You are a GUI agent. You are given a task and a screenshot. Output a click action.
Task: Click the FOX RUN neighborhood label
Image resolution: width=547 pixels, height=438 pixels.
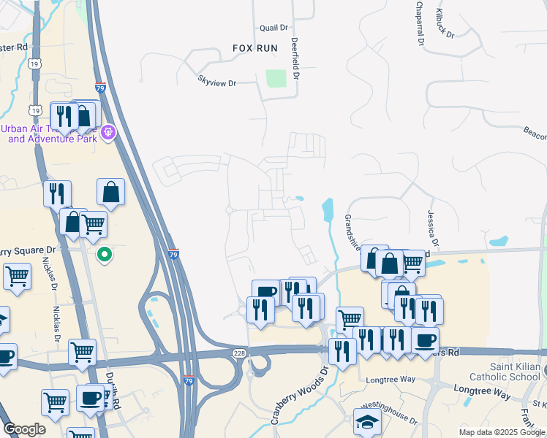[256, 47]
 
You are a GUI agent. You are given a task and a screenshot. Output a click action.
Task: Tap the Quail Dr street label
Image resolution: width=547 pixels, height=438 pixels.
[274, 28]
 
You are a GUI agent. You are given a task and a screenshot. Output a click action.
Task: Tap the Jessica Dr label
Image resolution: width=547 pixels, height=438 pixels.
[433, 228]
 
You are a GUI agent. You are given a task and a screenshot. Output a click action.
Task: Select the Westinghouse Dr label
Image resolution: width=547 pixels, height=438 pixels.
[391, 421]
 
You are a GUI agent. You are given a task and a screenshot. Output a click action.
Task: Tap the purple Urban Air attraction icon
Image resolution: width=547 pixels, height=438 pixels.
[108, 132]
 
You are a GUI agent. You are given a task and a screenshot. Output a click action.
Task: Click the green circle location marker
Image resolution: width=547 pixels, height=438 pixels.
[105, 255]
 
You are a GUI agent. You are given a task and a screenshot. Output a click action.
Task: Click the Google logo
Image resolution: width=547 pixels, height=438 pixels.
[24, 429]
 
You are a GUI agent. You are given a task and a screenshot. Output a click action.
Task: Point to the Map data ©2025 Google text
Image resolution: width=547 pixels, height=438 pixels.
[502, 432]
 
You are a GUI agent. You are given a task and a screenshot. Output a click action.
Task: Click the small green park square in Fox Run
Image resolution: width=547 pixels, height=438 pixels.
[276, 78]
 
